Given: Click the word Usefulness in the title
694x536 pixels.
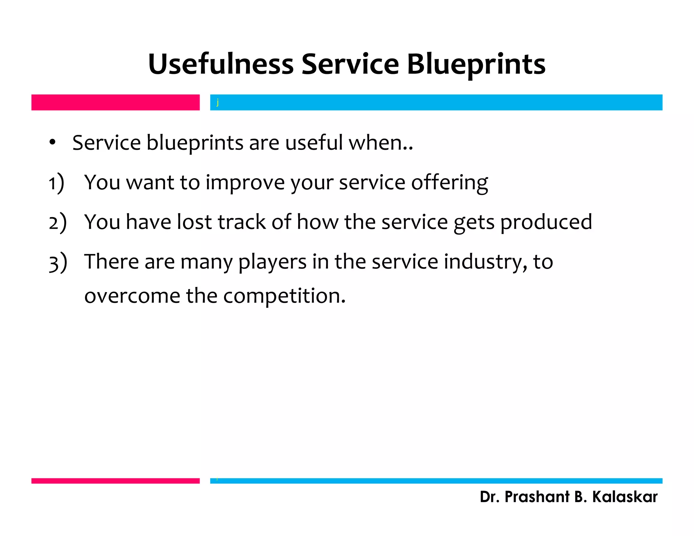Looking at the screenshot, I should pyautogui.click(x=221, y=64).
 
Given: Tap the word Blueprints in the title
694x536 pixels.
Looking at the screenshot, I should pyautogui.click(x=476, y=65).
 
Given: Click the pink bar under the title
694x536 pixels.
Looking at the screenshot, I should pyautogui.click(x=115, y=102).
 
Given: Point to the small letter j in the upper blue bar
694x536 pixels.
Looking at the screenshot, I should pyautogui.click(x=218, y=102).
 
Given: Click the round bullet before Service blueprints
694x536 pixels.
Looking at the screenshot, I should pyautogui.click(x=52, y=143).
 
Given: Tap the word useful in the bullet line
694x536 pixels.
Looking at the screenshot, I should pyautogui.click(x=314, y=142).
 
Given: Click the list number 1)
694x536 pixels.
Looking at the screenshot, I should pyautogui.click(x=56, y=183).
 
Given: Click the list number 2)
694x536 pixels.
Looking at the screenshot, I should pyautogui.click(x=57, y=223).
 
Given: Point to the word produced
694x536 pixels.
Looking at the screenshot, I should pyautogui.click(x=546, y=223).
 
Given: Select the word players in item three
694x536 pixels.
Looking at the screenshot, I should pyautogui.click(x=272, y=262).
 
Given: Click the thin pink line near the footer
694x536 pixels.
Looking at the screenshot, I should pyautogui.click(x=115, y=481).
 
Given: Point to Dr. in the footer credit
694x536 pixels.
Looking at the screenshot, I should pyautogui.click(x=489, y=497).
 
